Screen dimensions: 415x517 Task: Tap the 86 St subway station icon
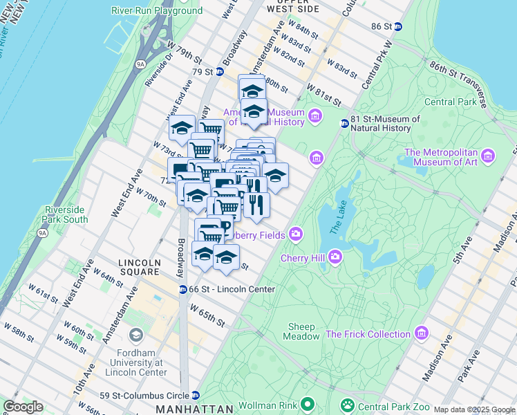coord(397,26)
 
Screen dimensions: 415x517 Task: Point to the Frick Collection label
coord(368,334)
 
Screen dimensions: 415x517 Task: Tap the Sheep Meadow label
coord(301,331)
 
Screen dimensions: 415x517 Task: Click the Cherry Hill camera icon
coord(336,257)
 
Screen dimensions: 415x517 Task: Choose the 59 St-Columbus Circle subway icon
coord(195,396)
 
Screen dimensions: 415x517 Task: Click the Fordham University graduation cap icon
coord(136,336)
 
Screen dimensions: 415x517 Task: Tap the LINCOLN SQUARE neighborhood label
coord(139,263)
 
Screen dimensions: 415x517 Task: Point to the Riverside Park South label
coord(65,214)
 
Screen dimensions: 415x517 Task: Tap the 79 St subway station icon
coord(220,71)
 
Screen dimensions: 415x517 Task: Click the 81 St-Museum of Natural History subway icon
coord(344,124)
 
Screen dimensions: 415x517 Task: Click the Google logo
coord(23,407)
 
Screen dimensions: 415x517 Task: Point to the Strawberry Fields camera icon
coord(295,235)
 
